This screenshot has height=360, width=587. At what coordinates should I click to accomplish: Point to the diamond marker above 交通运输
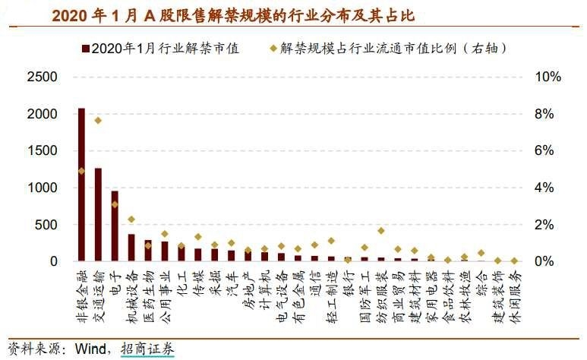[98, 120]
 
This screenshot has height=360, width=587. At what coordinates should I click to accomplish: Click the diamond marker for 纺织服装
[381, 230]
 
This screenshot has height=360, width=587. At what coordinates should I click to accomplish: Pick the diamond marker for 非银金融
[81, 171]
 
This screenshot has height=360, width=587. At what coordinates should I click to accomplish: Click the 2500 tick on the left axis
[41, 77]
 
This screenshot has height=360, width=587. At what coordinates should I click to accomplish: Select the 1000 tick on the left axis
[41, 188]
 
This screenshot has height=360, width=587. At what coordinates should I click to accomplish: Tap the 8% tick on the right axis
[548, 114]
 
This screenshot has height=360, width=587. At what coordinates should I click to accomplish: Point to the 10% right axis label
[548, 77]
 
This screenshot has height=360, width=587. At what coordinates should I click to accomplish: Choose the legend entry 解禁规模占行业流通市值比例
[391, 49]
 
